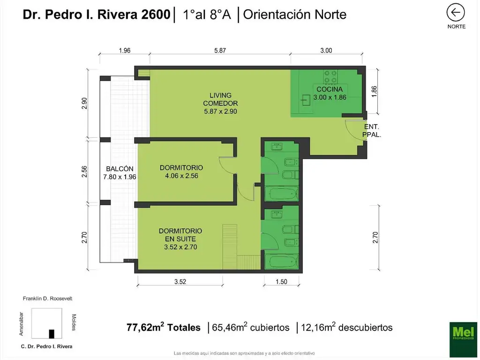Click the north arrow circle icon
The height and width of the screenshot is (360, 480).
pyautogui.click(x=456, y=13)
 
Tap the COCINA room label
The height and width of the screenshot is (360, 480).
pyautogui.click(x=329, y=89)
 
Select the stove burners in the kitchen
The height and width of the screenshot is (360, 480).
pyautogui.click(x=330, y=76)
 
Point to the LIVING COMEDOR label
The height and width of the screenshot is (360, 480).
pyautogui.click(x=220, y=99)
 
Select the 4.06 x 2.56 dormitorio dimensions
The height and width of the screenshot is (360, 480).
pyautogui.click(x=181, y=176)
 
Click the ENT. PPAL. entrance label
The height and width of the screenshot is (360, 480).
pyautogui.click(x=371, y=130)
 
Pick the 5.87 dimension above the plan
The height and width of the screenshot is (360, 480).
pyautogui.click(x=220, y=51)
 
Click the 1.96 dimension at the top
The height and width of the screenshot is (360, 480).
pyautogui.click(x=124, y=51)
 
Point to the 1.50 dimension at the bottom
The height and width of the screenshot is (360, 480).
pyautogui.click(x=281, y=282)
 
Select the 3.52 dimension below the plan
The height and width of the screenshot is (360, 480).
pyautogui.click(x=180, y=282)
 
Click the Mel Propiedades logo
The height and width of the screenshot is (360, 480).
pyautogui.click(x=463, y=333)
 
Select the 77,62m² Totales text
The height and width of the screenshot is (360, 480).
pyautogui.click(x=164, y=328)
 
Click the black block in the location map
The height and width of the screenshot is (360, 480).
pyautogui.click(x=52, y=334)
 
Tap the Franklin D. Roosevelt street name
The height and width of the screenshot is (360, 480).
pyautogui.click(x=47, y=298)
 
